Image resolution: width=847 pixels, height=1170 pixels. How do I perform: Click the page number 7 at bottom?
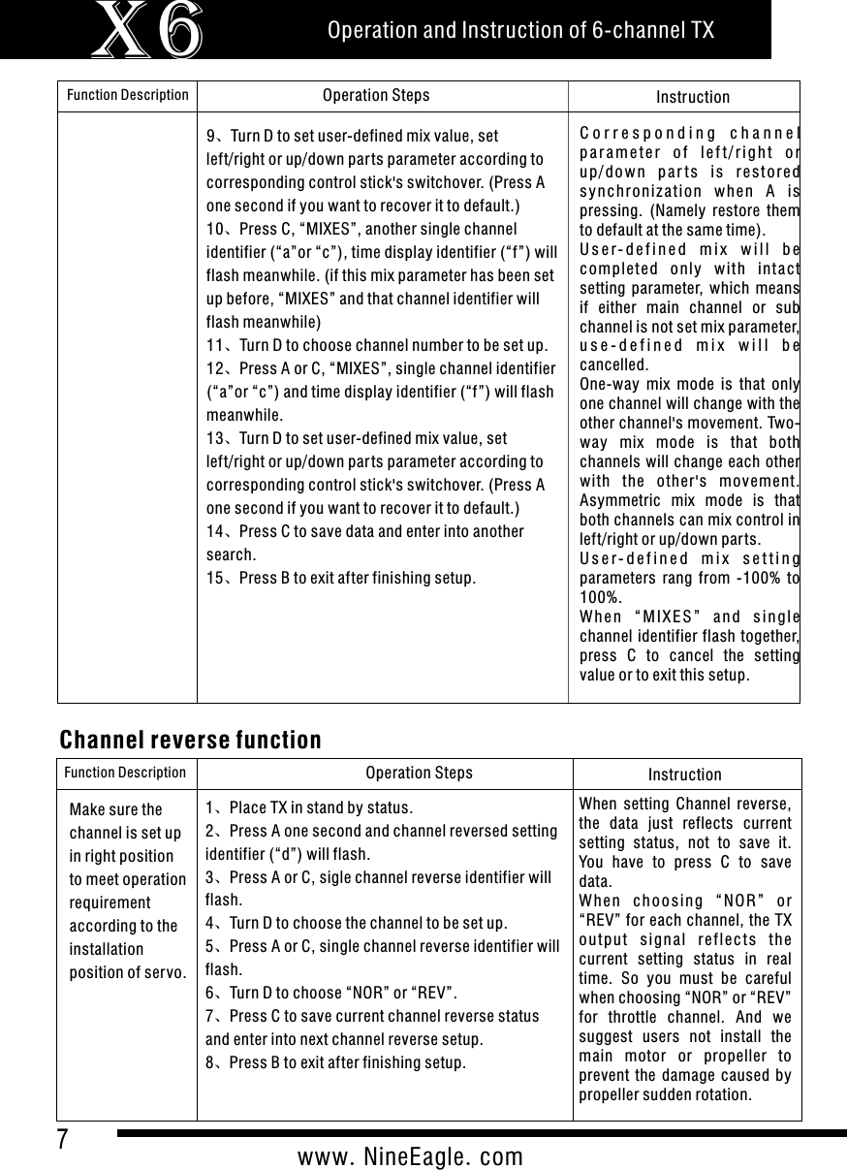[x=63, y=1138]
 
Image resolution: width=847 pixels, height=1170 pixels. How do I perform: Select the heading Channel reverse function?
[x=191, y=741]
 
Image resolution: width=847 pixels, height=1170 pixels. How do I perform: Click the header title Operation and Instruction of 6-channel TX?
[x=520, y=30]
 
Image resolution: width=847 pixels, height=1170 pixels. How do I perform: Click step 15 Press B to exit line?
[x=341, y=579]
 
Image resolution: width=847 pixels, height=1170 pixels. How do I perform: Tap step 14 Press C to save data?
[x=365, y=531]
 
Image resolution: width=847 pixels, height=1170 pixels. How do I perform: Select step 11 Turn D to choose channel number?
[x=378, y=345]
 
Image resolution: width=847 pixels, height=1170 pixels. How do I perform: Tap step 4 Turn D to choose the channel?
[x=358, y=924]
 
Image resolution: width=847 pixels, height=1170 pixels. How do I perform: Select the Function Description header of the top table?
[x=127, y=95]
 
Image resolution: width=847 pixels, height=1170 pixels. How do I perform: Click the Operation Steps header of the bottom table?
[x=419, y=773]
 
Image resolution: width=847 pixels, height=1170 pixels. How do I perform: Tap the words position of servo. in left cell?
[x=129, y=972]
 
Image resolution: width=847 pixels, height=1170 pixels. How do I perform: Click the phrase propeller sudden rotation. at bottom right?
[x=664, y=1094]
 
